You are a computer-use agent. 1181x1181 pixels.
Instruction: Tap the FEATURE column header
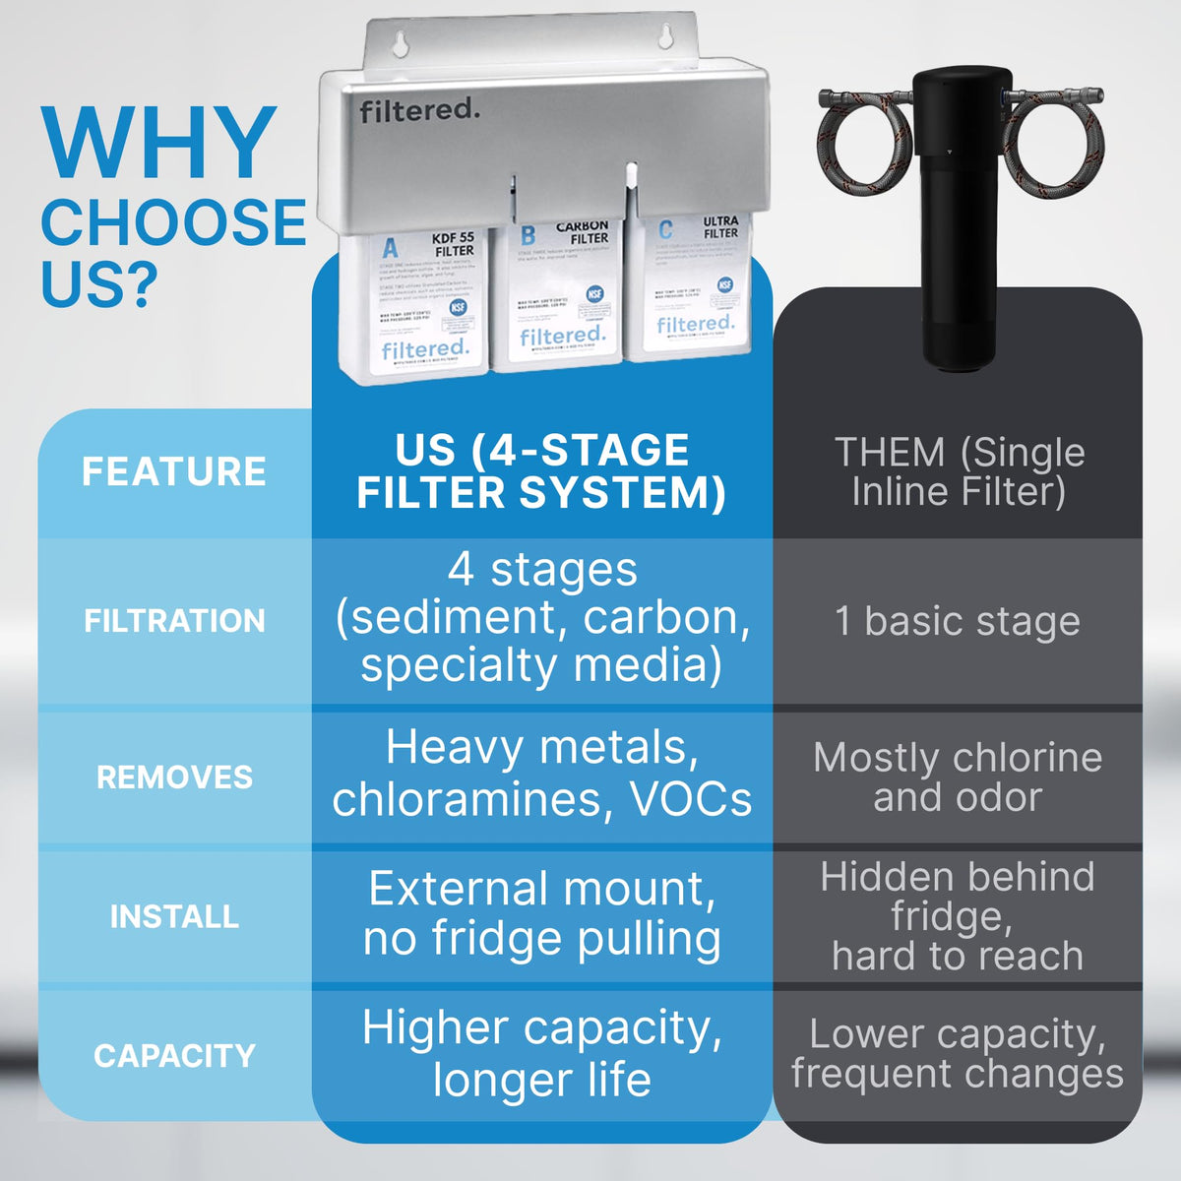pos(174,471)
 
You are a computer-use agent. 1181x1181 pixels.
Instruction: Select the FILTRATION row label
pos(174,621)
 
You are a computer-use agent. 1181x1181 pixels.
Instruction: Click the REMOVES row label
pos(174,777)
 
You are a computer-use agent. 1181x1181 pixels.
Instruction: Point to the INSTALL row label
pos(174,916)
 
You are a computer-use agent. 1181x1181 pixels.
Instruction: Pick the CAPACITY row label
pos(174,1056)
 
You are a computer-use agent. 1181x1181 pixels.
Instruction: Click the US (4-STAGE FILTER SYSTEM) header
pos(541,471)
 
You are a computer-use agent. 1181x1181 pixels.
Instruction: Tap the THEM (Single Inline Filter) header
pos(959,471)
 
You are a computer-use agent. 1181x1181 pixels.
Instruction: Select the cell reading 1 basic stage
pos(958,622)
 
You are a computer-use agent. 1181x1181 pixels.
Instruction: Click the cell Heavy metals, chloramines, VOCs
pos(541,773)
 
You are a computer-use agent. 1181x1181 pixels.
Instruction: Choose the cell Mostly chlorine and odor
pos(958,777)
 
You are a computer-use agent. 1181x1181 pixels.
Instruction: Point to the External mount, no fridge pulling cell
pos(541,913)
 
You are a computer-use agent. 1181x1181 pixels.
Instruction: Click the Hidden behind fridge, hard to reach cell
pos(958,916)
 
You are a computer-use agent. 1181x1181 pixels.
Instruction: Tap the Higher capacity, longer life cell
pos(541,1053)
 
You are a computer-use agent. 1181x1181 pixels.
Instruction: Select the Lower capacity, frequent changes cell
pos(958,1054)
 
